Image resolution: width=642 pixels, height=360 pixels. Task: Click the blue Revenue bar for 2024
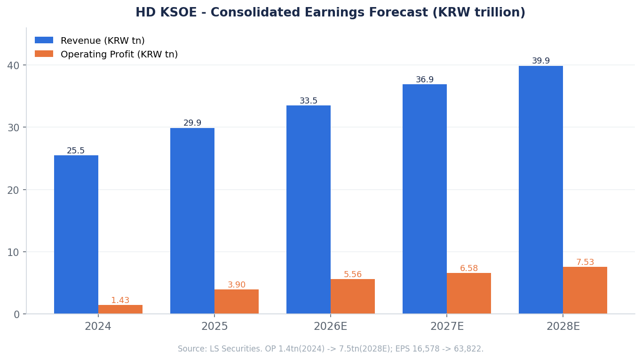76,234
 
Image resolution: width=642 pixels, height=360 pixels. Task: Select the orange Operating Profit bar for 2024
120,309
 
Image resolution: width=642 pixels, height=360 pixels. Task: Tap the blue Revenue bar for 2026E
309,209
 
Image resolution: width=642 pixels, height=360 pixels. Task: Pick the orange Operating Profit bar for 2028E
585,290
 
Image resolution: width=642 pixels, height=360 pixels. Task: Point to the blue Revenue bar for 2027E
424,199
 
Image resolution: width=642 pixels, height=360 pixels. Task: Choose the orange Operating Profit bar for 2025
237,302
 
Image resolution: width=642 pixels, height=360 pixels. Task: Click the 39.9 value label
541,61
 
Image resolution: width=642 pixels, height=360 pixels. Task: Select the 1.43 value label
120,300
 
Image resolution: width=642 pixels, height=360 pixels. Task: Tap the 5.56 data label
353,274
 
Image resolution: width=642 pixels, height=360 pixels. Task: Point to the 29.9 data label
192,123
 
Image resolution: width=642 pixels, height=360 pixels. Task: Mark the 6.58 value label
469,268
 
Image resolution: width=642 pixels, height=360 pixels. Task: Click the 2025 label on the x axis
214,327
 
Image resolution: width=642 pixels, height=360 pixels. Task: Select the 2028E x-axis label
563,327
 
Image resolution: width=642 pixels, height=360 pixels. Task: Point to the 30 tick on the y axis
13,128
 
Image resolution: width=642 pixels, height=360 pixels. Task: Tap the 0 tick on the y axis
16,314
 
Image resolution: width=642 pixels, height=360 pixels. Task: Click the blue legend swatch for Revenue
44,40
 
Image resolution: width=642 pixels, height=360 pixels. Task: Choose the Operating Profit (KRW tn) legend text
119,54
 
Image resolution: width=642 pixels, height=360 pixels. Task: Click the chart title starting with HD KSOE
331,12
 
